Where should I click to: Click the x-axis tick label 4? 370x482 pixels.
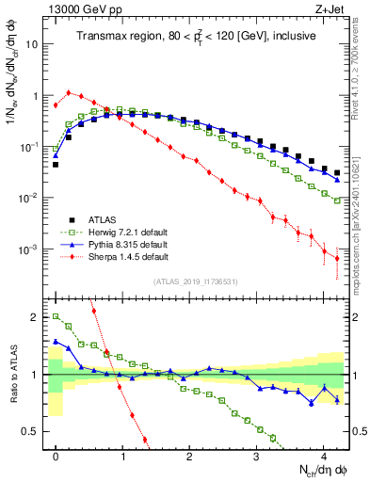click(324, 456)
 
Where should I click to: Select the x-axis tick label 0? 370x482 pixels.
click(56, 456)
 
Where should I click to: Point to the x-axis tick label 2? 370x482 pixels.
click(189, 456)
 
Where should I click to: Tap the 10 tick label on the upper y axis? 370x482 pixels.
click(34, 44)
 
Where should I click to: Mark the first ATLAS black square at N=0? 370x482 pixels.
click(56, 164)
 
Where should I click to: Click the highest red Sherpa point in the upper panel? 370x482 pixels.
click(69, 92)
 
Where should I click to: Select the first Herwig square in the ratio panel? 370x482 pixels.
click(56, 317)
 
